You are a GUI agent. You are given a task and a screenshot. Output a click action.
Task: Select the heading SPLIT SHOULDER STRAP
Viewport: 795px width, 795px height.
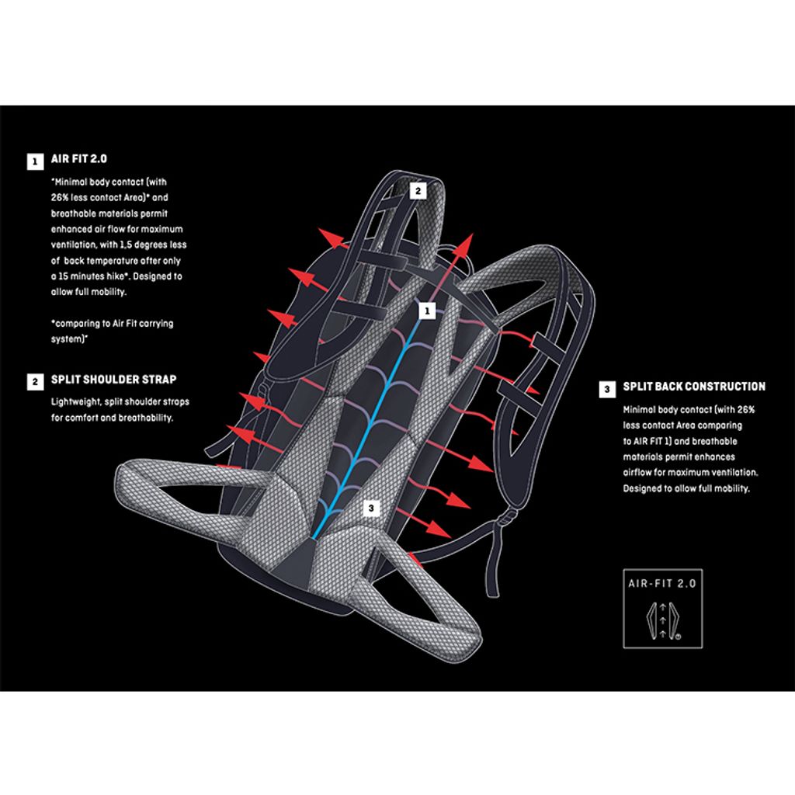pos(113,380)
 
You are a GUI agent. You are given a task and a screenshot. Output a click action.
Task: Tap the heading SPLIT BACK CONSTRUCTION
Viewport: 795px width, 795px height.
pos(694,387)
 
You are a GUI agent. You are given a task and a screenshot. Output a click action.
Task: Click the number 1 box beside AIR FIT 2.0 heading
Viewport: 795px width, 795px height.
pos(35,162)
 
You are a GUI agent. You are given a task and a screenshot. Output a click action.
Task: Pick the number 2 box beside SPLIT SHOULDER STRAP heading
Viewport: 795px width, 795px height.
pos(35,381)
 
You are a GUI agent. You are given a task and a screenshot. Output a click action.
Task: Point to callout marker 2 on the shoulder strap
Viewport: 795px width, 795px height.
pos(417,189)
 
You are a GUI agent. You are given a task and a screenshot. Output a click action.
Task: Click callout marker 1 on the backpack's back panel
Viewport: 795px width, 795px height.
pos(425,311)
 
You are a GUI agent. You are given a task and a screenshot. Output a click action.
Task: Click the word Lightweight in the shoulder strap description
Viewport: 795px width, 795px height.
pos(75,402)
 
